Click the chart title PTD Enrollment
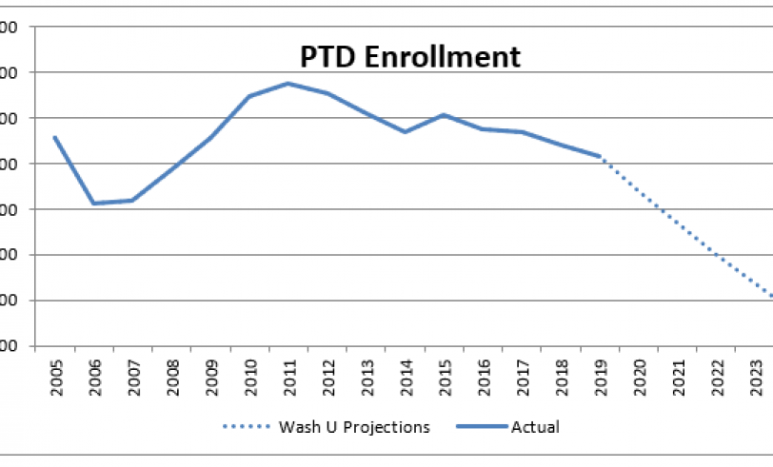tap(410, 56)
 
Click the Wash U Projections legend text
tap(355, 426)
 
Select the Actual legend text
tap(537, 426)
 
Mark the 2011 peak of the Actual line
tap(288, 84)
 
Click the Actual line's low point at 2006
tap(93, 203)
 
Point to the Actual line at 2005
tap(54, 137)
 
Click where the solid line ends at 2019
tap(600, 156)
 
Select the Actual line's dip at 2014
tap(405, 131)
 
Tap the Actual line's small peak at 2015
tap(444, 115)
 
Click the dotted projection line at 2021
tap(678, 225)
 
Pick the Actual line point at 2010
tap(249, 96)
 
